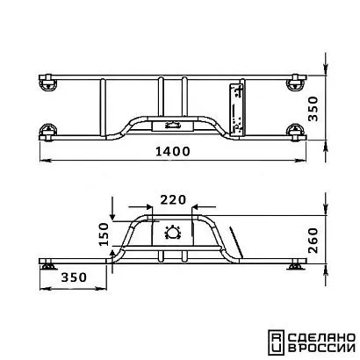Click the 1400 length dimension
pos(173,151)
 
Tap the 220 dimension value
pos(173,200)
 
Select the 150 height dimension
pos(104,234)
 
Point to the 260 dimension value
pos(313,241)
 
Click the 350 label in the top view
pos(313,109)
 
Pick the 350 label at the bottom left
pos(74,277)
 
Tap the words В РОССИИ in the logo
pos(321,349)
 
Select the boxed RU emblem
pos(276,342)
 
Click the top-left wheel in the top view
pos(47,83)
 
